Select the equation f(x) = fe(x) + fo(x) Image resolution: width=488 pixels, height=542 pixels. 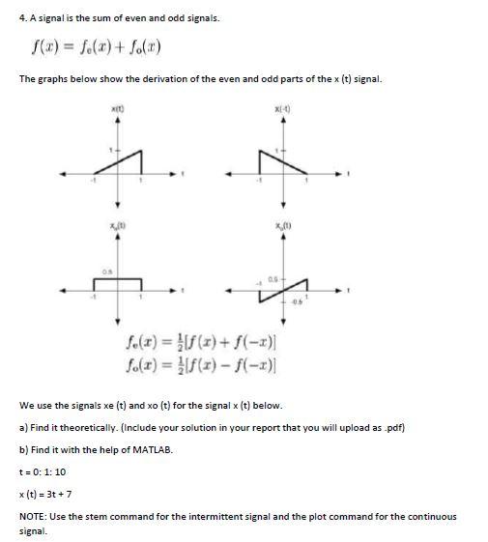click(92, 47)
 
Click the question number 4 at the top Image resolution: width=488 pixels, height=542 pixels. click(22, 17)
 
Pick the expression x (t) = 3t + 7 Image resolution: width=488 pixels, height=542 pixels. click(48, 493)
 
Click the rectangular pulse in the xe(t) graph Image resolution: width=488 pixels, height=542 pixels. click(118, 278)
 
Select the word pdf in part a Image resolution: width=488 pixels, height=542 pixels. click(391, 427)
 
